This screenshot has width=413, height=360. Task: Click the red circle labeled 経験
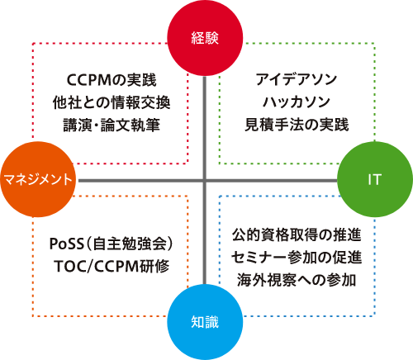pos(205,38)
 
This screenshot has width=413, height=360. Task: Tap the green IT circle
pos(375,179)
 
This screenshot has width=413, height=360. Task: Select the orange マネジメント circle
pos(38,179)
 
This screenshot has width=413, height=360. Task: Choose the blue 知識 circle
pos(205,322)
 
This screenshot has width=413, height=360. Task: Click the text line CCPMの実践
pos(112,80)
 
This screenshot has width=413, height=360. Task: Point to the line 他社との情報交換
pos(112,102)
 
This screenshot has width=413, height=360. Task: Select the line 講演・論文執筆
pos(112,125)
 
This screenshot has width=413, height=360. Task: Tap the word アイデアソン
pos(297,79)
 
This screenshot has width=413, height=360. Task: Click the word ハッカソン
pos(297,102)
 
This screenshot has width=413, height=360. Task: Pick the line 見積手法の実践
pos(297,125)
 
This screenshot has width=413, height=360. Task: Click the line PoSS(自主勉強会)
pos(112,244)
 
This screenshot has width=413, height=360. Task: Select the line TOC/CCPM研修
pos(112,266)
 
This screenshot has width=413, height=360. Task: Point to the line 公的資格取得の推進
pos(297,234)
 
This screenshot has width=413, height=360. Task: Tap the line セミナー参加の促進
pos(297,258)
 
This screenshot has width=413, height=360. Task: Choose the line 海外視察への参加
pos(297,280)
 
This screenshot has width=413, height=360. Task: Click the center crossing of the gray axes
pos(205,181)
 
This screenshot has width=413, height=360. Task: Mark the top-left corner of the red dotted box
pos(33,43)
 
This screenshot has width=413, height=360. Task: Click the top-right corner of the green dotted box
pos(374,43)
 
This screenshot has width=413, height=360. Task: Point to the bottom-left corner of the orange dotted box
pos(33,316)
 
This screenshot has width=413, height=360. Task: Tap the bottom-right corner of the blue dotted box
pos(374,315)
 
